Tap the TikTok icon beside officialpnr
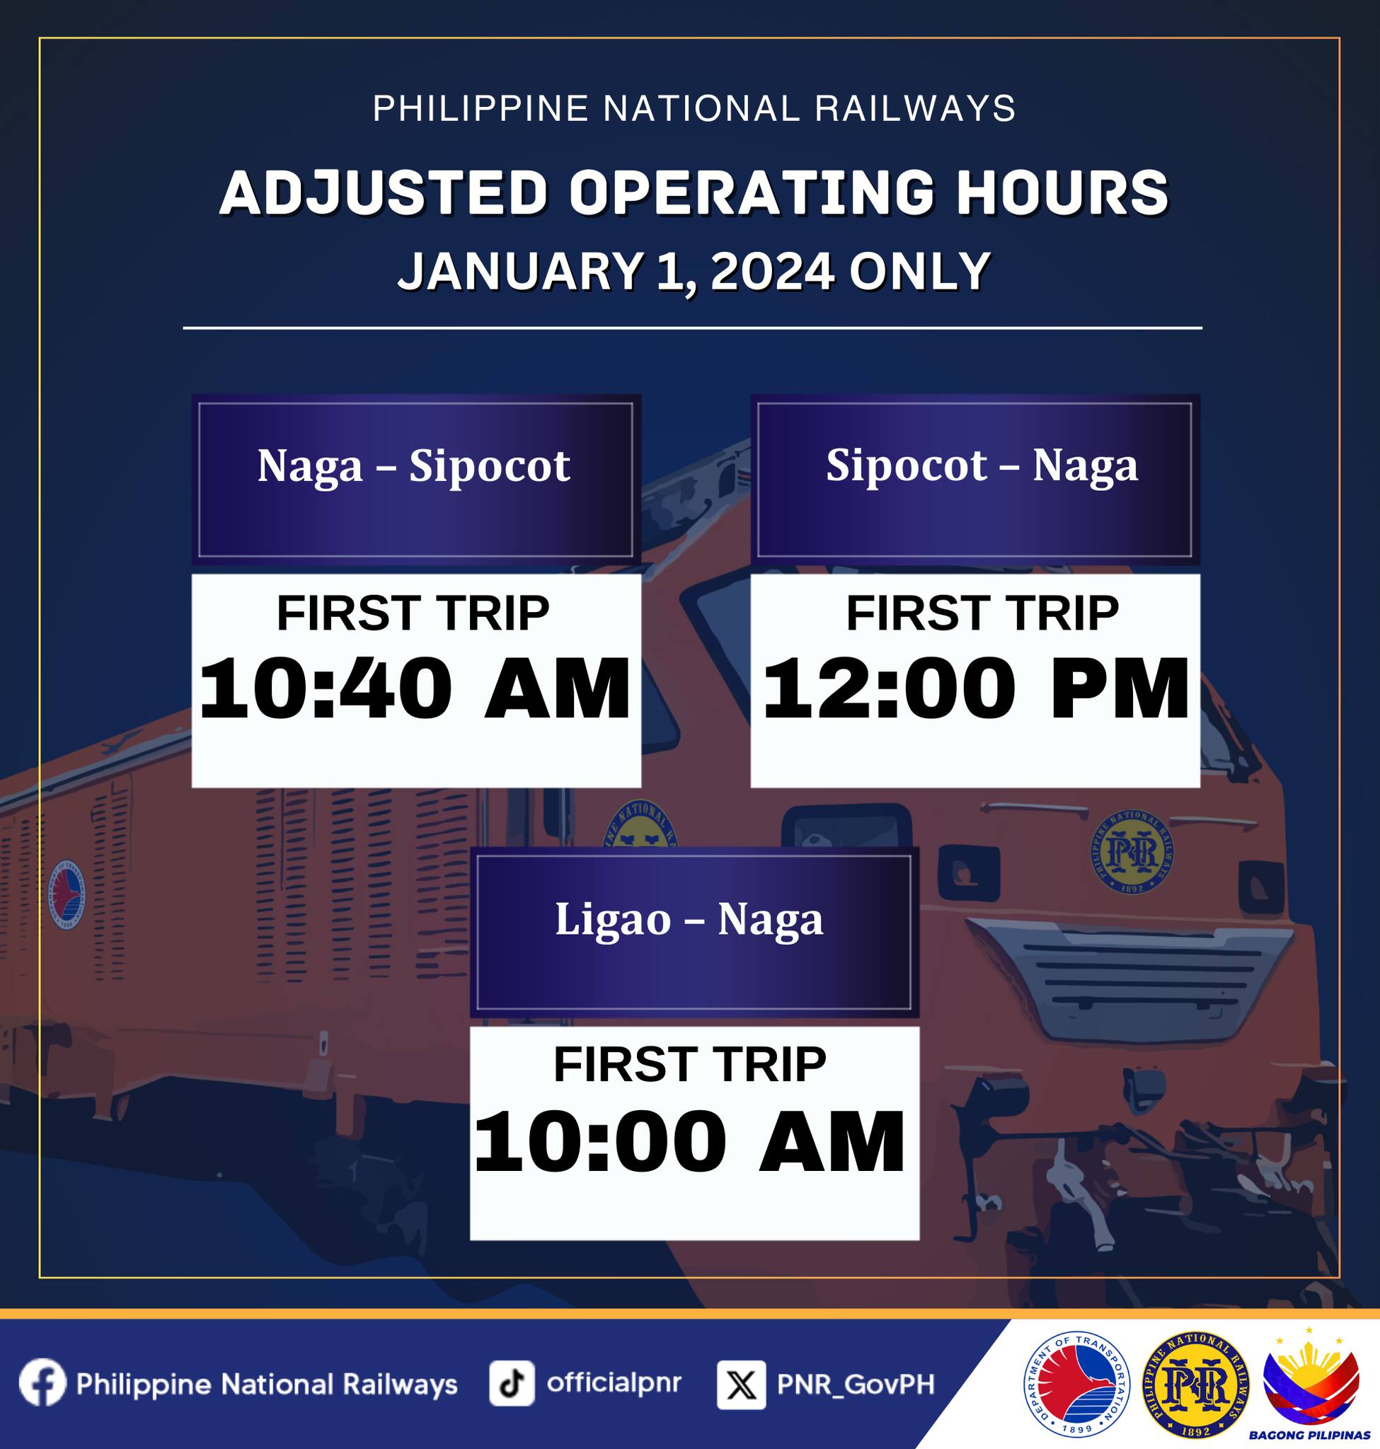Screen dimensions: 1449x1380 [x=511, y=1382]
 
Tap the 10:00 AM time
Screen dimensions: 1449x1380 [x=690, y=1142]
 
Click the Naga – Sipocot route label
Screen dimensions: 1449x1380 [x=413, y=466]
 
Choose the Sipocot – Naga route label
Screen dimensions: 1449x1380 [x=982, y=466]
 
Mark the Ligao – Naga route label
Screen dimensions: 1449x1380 [x=689, y=919]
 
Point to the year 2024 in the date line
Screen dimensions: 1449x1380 [x=771, y=272]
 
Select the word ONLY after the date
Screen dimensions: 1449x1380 [x=919, y=272]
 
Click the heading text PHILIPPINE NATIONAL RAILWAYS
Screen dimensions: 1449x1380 [x=694, y=109]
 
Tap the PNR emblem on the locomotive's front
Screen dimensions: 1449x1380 [x=1132, y=853]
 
